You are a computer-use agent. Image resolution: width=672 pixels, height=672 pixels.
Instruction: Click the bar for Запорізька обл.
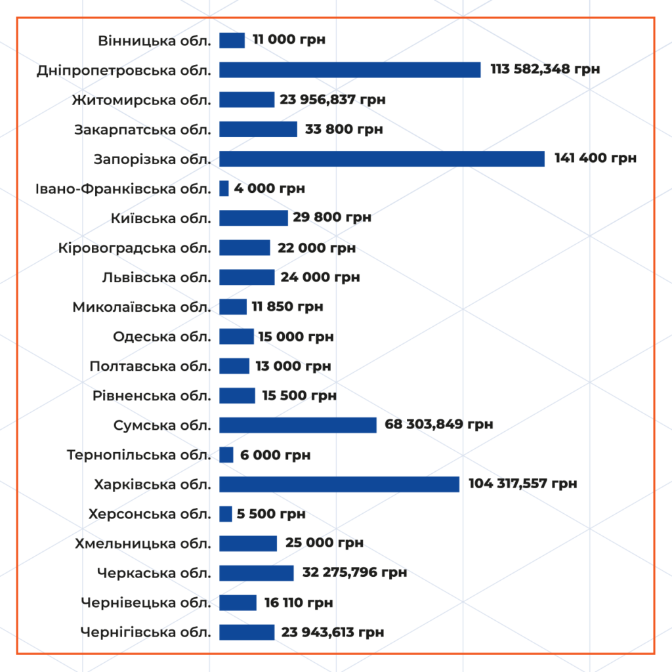(382, 159)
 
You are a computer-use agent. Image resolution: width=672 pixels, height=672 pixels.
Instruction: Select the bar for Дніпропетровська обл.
(350, 70)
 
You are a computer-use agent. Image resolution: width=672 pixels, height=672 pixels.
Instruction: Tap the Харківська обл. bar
(339, 484)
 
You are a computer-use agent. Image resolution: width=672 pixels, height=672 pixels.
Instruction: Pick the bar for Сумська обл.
(298, 425)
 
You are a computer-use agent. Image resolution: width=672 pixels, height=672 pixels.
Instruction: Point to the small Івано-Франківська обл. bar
(224, 188)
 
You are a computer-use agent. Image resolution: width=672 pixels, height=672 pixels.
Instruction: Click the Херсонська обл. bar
(226, 514)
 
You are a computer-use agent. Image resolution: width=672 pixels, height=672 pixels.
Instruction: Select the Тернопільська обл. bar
(226, 455)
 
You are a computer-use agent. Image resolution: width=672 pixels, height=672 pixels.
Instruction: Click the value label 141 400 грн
(595, 159)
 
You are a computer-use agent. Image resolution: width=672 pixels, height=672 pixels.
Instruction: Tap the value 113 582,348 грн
(545, 70)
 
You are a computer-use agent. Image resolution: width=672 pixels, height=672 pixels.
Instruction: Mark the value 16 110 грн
(299, 603)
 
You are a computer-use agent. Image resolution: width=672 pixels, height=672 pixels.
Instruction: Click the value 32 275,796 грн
(355, 573)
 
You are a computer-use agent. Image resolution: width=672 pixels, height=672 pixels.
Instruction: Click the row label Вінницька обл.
(155, 41)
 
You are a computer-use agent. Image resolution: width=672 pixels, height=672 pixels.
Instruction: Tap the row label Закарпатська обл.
(143, 129)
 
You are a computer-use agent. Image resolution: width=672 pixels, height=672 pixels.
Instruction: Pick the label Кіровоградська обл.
(135, 248)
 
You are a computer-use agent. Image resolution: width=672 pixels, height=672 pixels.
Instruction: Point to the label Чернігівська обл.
(146, 633)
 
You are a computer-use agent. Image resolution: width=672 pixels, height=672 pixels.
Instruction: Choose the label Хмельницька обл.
(143, 543)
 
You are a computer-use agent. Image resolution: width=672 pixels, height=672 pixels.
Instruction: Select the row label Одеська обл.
(162, 337)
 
